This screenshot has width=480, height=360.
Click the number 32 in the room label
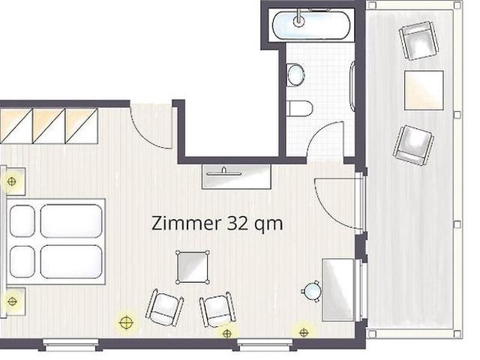pyautogui.click(x=237, y=223)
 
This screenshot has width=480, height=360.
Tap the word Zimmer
pyautogui.click(x=186, y=223)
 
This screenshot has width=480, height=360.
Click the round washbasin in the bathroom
pyautogui.click(x=295, y=75)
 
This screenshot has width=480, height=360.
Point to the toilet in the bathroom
pyautogui.click(x=301, y=108)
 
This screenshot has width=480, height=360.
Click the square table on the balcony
pyautogui.click(x=424, y=90)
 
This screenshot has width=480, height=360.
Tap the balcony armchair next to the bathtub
pyautogui.click(x=418, y=40)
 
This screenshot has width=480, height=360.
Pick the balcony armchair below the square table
pyautogui.click(x=413, y=145)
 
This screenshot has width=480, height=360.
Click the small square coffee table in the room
pyautogui.click(x=193, y=267)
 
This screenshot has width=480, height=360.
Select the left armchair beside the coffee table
pyautogui.click(x=165, y=308)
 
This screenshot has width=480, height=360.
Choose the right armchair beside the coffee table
pyautogui.click(x=218, y=310)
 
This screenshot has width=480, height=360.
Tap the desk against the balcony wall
pyautogui.click(x=338, y=290)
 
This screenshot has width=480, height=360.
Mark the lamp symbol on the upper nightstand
pyautogui.click(x=11, y=181)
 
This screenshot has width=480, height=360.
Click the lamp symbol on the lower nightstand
pyautogui.click(x=12, y=301)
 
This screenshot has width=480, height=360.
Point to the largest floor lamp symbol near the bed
pyautogui.click(x=126, y=322)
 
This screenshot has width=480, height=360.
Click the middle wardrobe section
pyautogui.click(x=49, y=126)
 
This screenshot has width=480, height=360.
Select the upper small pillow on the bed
pyautogui.click(x=22, y=221)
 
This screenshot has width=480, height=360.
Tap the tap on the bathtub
pyautogui.click(x=298, y=18)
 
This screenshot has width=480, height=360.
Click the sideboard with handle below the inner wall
pyautogui.click(x=237, y=177)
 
